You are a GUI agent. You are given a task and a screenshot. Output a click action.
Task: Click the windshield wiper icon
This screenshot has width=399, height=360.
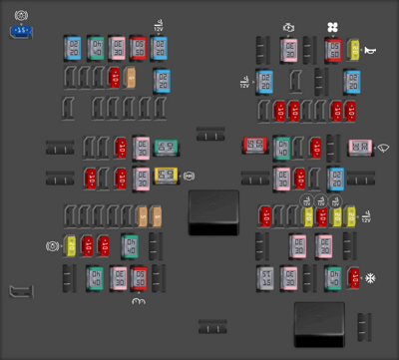click(384, 150)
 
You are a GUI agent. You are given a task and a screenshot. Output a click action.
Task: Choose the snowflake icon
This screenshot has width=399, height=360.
click(371, 277)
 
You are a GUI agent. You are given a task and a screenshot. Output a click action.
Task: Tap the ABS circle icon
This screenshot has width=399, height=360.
click(52, 245)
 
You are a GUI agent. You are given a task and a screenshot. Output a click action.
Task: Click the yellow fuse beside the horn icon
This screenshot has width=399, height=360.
click(354, 48)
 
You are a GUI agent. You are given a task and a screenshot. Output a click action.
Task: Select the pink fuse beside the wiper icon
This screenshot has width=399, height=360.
click(360, 148)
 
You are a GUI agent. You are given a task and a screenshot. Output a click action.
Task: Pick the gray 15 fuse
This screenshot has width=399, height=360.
click(265, 278)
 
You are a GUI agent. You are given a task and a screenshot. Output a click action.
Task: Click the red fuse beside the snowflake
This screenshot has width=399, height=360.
click(353, 277)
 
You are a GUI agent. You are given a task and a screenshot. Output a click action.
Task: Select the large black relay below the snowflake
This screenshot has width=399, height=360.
click(319, 324)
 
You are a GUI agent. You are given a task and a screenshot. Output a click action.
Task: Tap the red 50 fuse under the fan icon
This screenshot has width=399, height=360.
click(333, 48)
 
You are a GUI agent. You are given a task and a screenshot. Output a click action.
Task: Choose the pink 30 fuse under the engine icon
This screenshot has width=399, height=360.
click(289, 48)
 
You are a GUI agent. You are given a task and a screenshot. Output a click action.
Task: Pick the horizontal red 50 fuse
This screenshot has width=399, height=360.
click(254, 148)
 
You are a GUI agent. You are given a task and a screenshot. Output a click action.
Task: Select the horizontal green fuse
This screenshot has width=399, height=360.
click(168, 149)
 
